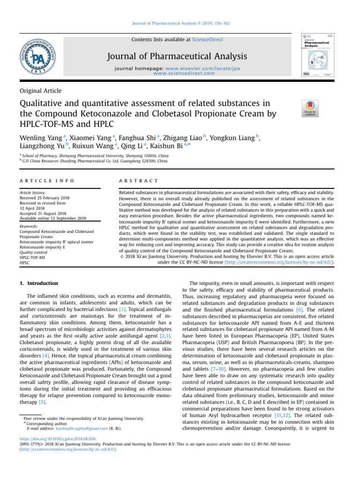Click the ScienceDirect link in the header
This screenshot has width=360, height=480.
[207, 39]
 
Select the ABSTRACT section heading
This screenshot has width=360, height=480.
[138, 180]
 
